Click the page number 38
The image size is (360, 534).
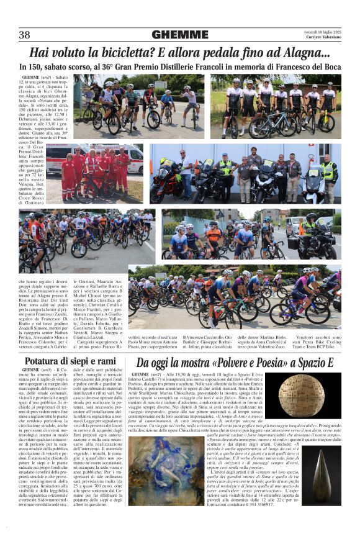24,35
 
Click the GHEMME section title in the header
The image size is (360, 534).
179,35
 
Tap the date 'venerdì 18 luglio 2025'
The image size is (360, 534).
322,32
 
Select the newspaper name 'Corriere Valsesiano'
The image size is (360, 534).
323,38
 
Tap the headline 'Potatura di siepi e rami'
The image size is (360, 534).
70,361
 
